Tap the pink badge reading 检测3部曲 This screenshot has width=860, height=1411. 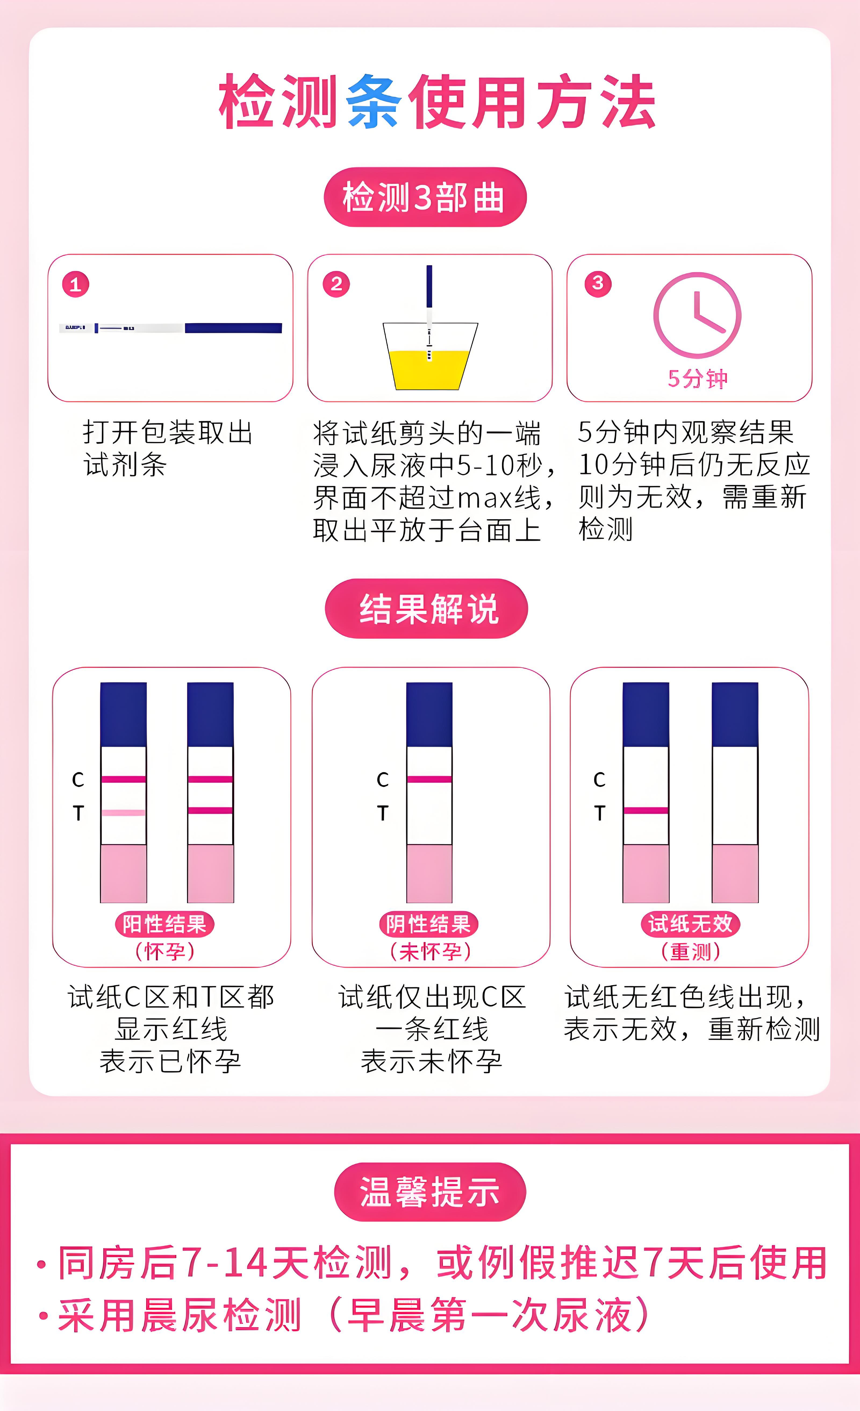pyautogui.click(x=425, y=197)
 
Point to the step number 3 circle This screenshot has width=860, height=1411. pyautogui.click(x=598, y=283)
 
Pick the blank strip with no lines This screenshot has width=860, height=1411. pyautogui.click(x=734, y=796)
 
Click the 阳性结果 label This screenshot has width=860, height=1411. pyautogui.click(x=164, y=924)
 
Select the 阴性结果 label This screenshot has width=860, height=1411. pyautogui.click(x=428, y=924)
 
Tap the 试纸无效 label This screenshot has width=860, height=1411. pyautogui.click(x=690, y=924)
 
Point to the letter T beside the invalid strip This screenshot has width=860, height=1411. pyautogui.click(x=600, y=813)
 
